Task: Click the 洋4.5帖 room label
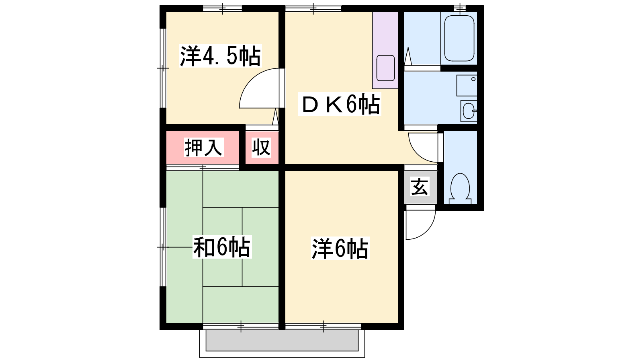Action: [x=220, y=56]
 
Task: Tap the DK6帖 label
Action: [x=340, y=104]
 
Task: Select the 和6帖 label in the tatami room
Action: [x=222, y=247]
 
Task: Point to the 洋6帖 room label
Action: [x=340, y=249]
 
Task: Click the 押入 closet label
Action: [x=203, y=148]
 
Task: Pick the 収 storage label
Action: [x=261, y=148]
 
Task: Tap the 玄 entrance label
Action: [x=420, y=187]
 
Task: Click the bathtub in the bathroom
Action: [x=459, y=38]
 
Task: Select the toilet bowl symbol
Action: [x=460, y=188]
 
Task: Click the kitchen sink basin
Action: [x=385, y=68]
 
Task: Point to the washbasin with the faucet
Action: [x=469, y=111]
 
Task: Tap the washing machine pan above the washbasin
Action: [x=467, y=85]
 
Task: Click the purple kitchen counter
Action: [x=385, y=50]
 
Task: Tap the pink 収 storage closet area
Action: [x=262, y=148]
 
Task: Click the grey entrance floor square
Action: [x=420, y=187]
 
